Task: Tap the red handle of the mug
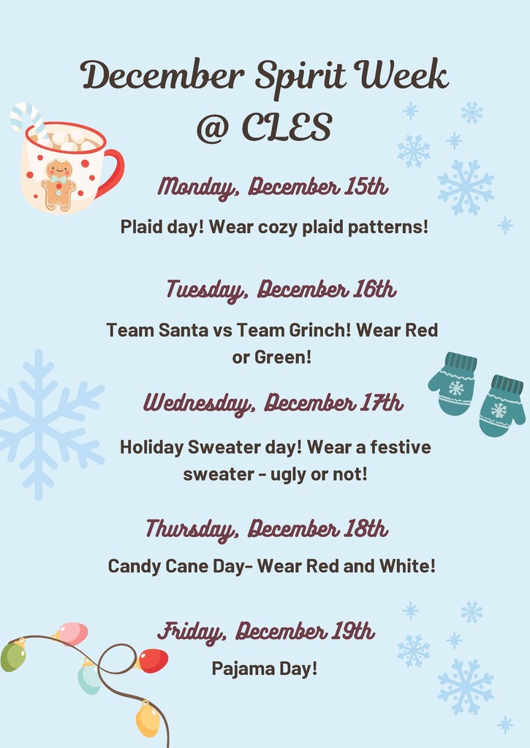[x=114, y=171]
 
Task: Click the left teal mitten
[x=453, y=383]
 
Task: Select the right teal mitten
[x=501, y=405]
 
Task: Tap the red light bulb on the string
[x=152, y=660]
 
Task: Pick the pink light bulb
[x=72, y=633]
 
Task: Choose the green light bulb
[x=13, y=655]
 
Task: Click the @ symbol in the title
[x=213, y=127]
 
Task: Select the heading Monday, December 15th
[x=273, y=187]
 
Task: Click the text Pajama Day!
[x=265, y=668]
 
